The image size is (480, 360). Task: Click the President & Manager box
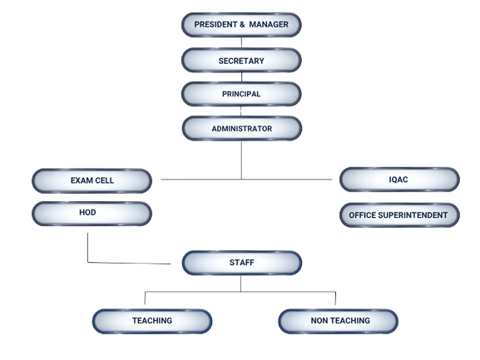tap(241, 24)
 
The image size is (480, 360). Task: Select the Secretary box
tap(241, 60)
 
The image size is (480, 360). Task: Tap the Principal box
tap(241, 94)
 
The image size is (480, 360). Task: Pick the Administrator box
tap(241, 129)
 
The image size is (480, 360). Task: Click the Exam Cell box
tap(92, 180)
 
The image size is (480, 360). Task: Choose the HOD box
tap(92, 214)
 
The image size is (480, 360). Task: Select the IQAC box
tap(398, 180)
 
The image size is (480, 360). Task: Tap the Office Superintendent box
tap(398, 215)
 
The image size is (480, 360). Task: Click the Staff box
tap(241, 263)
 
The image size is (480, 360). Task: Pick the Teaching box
tap(151, 320)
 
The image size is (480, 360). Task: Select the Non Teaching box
tap(337, 320)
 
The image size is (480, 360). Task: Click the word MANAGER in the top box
tap(269, 24)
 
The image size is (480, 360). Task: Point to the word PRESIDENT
tap(215, 24)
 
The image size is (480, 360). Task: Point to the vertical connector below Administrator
tap(241, 160)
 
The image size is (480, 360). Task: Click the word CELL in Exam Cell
tap(103, 180)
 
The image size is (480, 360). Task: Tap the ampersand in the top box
tap(242, 24)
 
